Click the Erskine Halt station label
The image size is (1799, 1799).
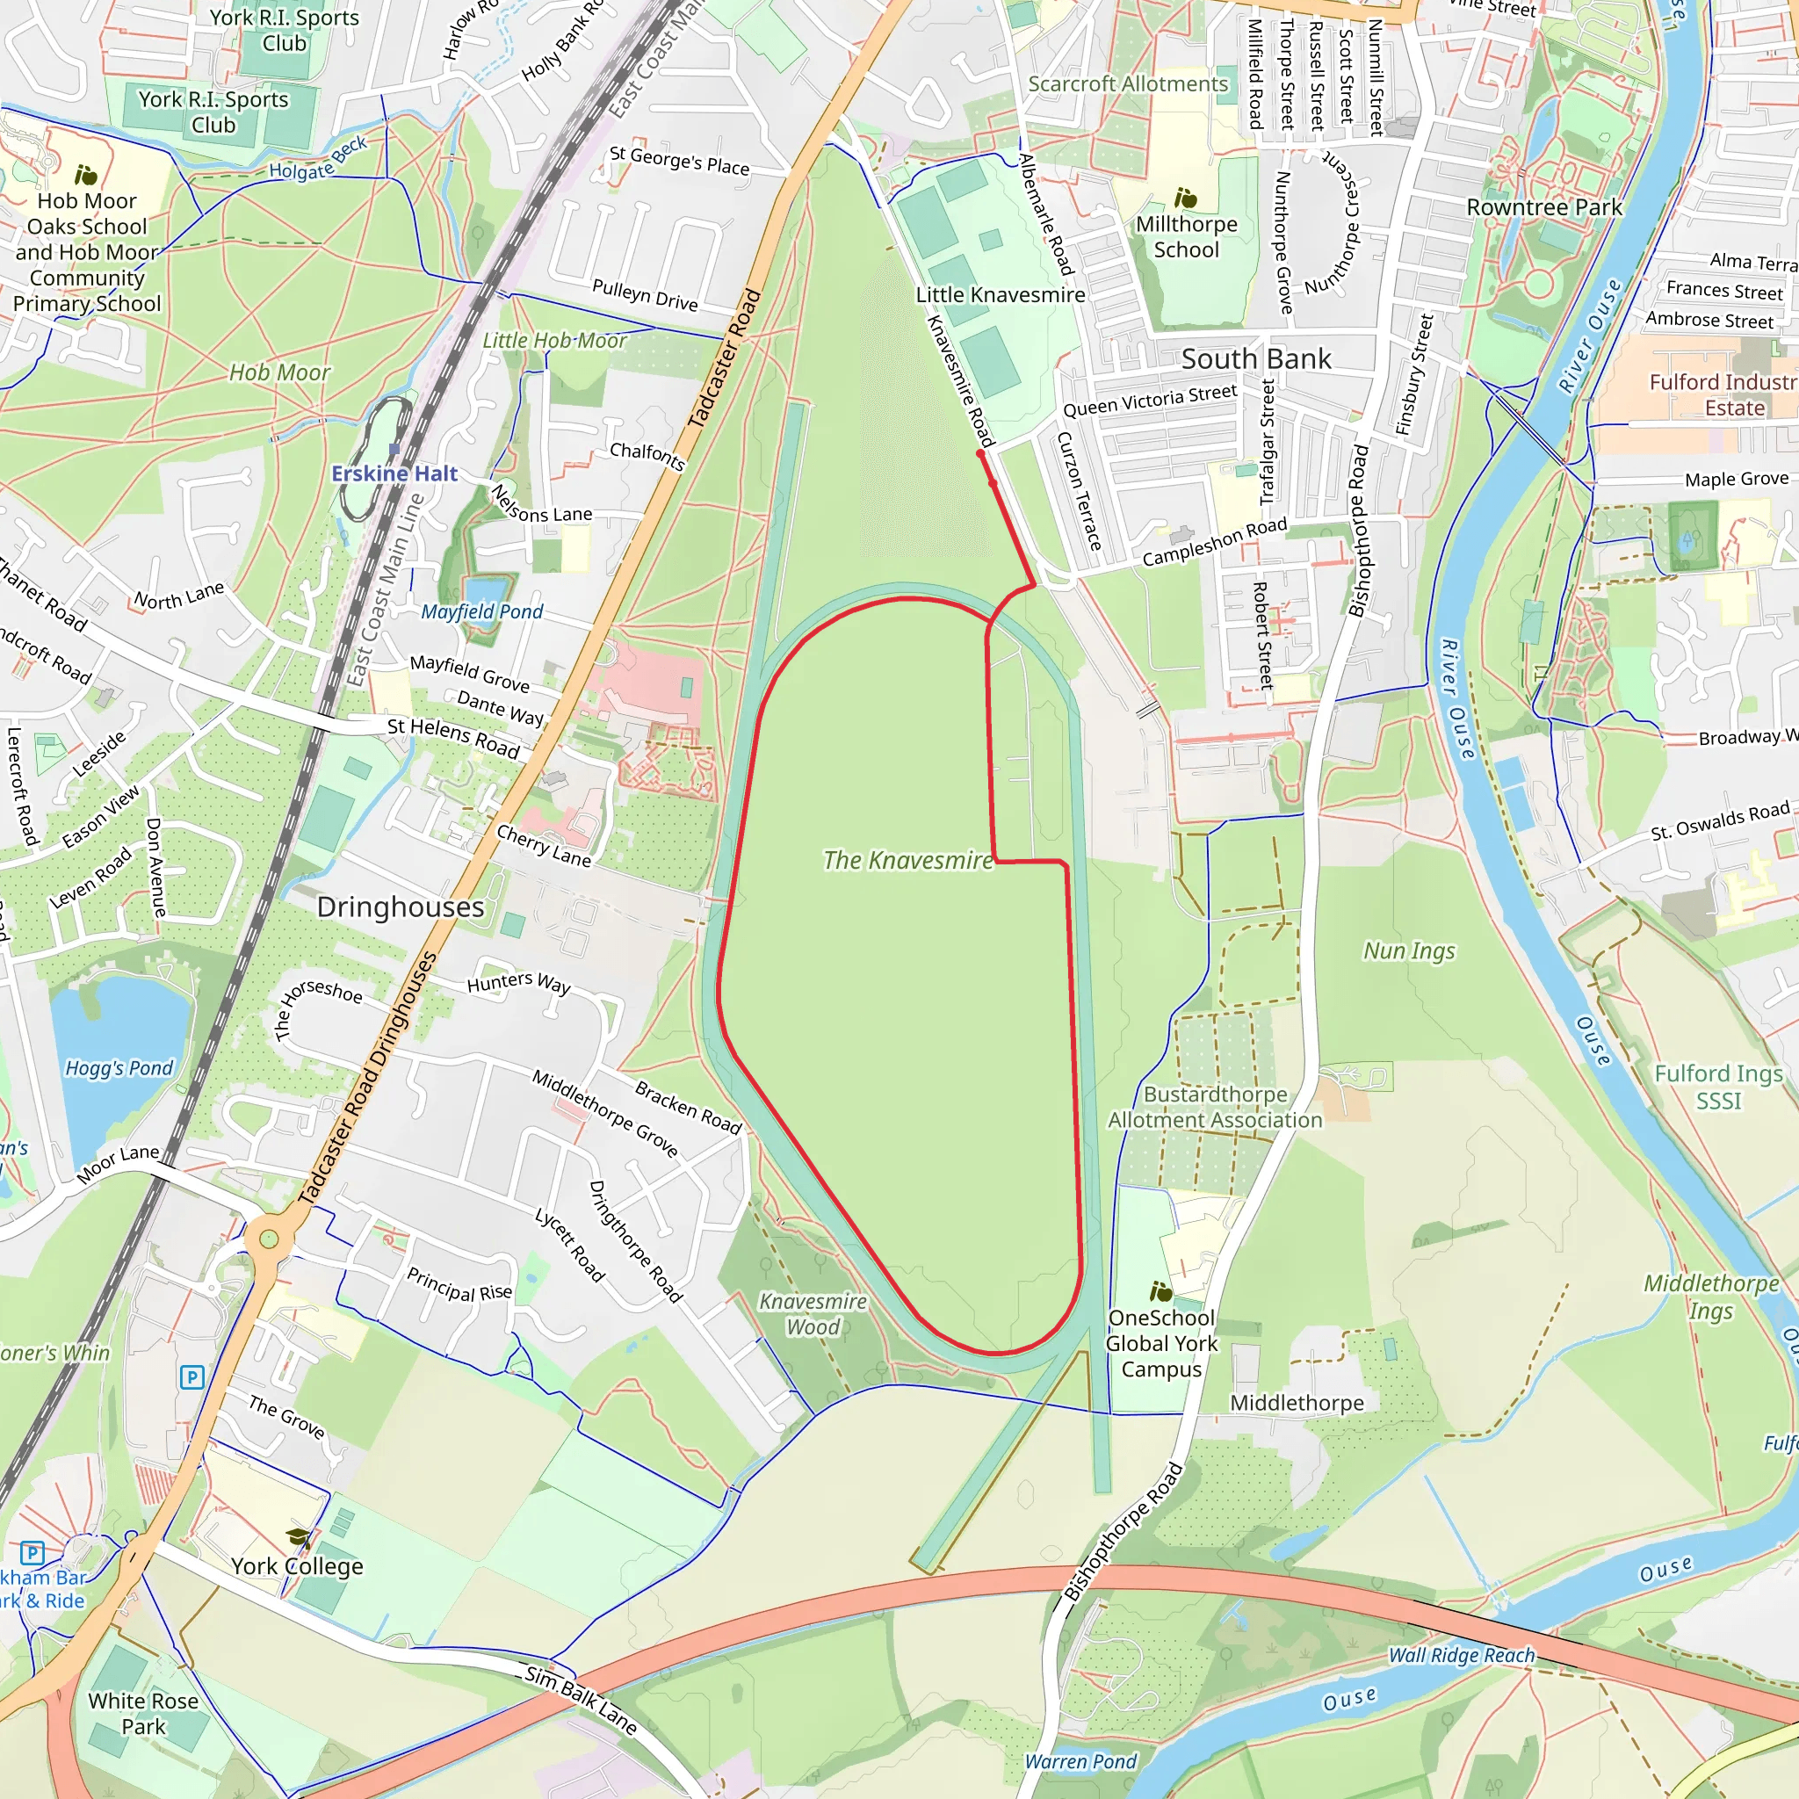click(394, 474)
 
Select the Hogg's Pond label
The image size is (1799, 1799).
click(119, 1068)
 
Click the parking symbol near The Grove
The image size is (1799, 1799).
click(191, 1377)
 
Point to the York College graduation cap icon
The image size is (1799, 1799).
click(298, 1537)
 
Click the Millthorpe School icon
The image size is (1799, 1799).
click(1185, 198)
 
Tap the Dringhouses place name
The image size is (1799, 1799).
click(401, 907)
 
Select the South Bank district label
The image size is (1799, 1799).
click(1256, 359)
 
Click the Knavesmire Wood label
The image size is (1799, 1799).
click(813, 1314)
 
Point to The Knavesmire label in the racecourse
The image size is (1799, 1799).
click(908, 860)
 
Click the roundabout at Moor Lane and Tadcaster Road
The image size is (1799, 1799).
click(269, 1239)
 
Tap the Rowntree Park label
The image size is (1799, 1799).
click(1544, 207)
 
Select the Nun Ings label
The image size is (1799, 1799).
click(1409, 950)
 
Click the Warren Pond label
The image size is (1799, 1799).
click(1080, 1762)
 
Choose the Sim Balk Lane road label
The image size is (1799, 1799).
click(581, 1701)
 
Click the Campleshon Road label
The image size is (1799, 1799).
click(1214, 542)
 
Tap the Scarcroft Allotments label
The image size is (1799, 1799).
click(1128, 83)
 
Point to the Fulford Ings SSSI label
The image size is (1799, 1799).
click(1718, 1087)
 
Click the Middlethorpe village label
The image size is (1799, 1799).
click(1297, 1402)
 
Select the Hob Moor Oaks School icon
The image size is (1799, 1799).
click(86, 174)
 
